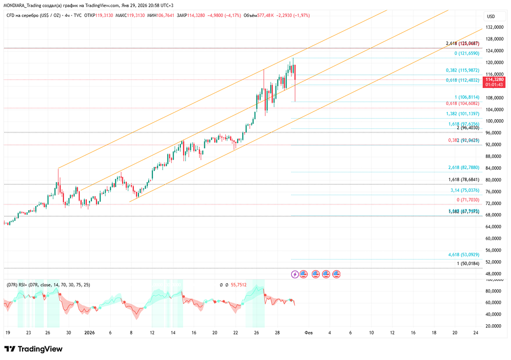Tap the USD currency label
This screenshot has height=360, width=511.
[x=491, y=16]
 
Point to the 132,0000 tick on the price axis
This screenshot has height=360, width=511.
[x=494, y=27]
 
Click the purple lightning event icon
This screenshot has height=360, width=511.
[x=295, y=274]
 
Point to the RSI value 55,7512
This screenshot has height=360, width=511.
[x=239, y=285]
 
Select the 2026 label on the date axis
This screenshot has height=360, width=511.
[x=89, y=332]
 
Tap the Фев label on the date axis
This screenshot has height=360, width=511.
[x=308, y=332]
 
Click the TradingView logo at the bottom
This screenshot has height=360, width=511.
[x=34, y=349]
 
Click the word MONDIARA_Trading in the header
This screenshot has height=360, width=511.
[x=24, y=6]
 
